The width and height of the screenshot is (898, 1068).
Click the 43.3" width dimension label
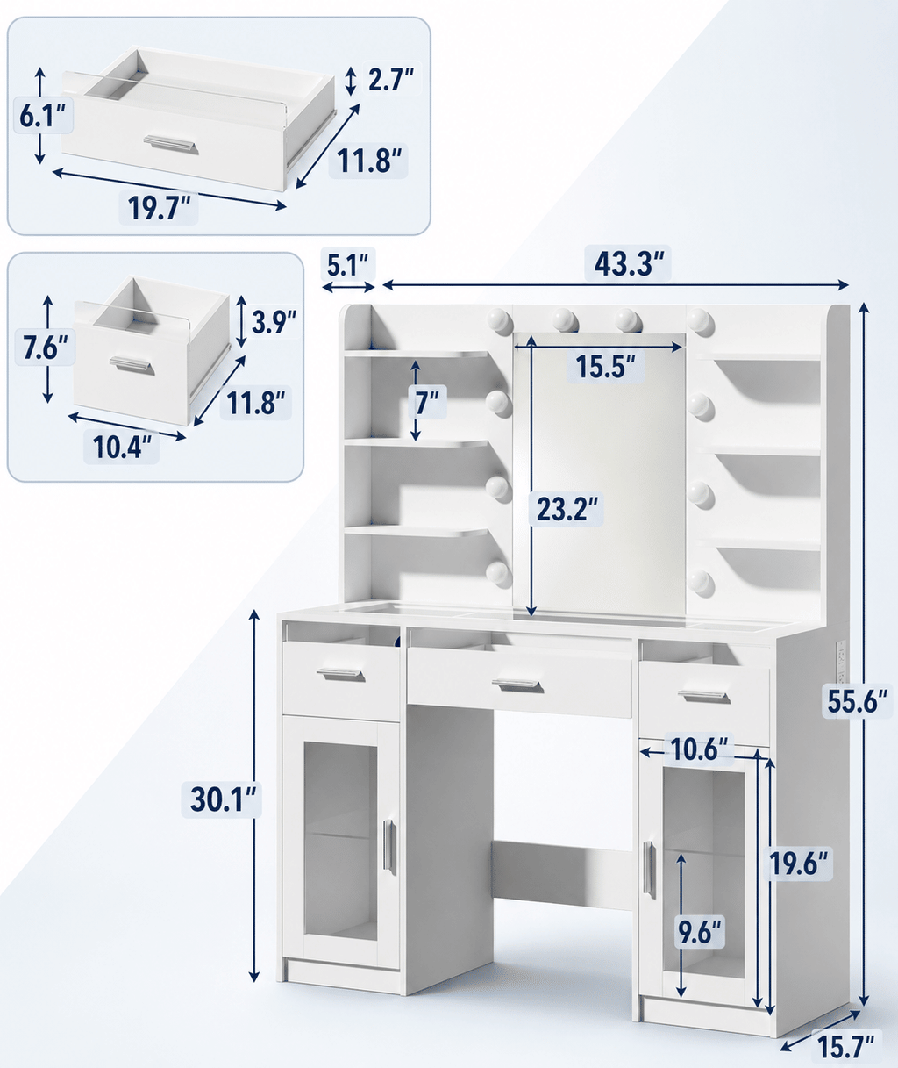point(630,264)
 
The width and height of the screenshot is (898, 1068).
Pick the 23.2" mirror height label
point(567,509)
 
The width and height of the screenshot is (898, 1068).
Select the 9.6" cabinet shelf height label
point(700,932)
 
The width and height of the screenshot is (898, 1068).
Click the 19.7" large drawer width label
point(159,208)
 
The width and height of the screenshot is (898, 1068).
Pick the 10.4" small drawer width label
point(123,447)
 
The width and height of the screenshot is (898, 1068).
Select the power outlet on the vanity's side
point(840,662)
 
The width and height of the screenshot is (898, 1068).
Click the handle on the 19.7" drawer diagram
point(170,143)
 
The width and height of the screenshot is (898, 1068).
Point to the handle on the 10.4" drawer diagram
point(132,365)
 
